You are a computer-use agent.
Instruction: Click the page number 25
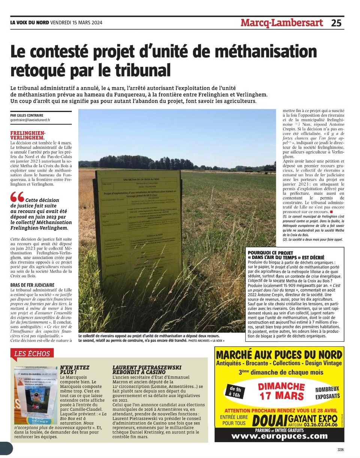click(336, 23)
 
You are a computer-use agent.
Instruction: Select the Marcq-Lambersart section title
click(282, 23)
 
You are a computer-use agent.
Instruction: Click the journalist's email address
click(30, 120)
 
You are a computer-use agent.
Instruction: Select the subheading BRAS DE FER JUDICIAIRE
click(33, 285)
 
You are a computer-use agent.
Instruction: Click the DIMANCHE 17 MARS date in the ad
click(281, 391)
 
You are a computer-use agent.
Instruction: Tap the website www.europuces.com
click(279, 436)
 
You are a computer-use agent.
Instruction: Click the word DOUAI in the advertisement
click(270, 420)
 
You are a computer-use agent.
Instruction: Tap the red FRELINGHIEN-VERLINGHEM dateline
click(28, 136)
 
